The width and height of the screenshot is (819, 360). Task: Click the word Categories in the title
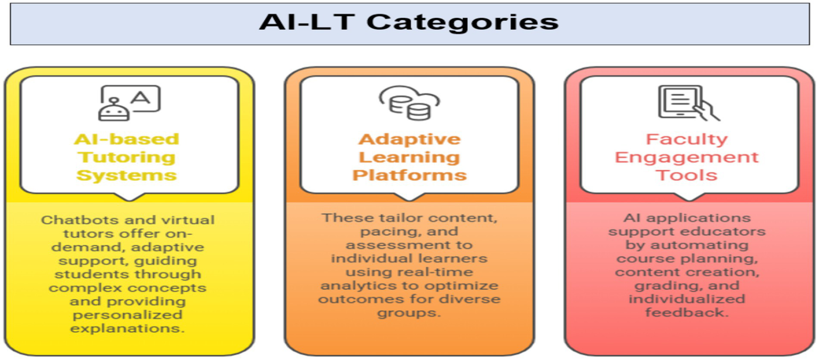pos(463,22)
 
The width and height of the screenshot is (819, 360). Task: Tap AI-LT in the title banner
pos(306,22)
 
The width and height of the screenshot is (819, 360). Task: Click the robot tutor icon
pos(129,103)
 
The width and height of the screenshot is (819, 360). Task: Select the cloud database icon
pos(410,103)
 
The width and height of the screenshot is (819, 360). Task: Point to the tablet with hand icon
pos(688,103)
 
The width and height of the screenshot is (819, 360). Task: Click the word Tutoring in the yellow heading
pos(126,157)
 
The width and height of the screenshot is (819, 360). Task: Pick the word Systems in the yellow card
pos(126,175)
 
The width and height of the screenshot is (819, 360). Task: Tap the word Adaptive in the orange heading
pos(410,139)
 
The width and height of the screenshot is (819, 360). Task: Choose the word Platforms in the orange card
pos(410,175)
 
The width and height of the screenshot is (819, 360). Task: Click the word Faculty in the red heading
pos(687,140)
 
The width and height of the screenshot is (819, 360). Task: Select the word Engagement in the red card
pos(687,157)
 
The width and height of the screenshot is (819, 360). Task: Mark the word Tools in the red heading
pos(687,175)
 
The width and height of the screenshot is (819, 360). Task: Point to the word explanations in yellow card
pos(127,328)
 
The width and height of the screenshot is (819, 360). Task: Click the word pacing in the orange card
pos(383,231)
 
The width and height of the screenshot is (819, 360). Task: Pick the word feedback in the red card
pos(687,313)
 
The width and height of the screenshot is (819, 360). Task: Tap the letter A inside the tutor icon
pos(141,98)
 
